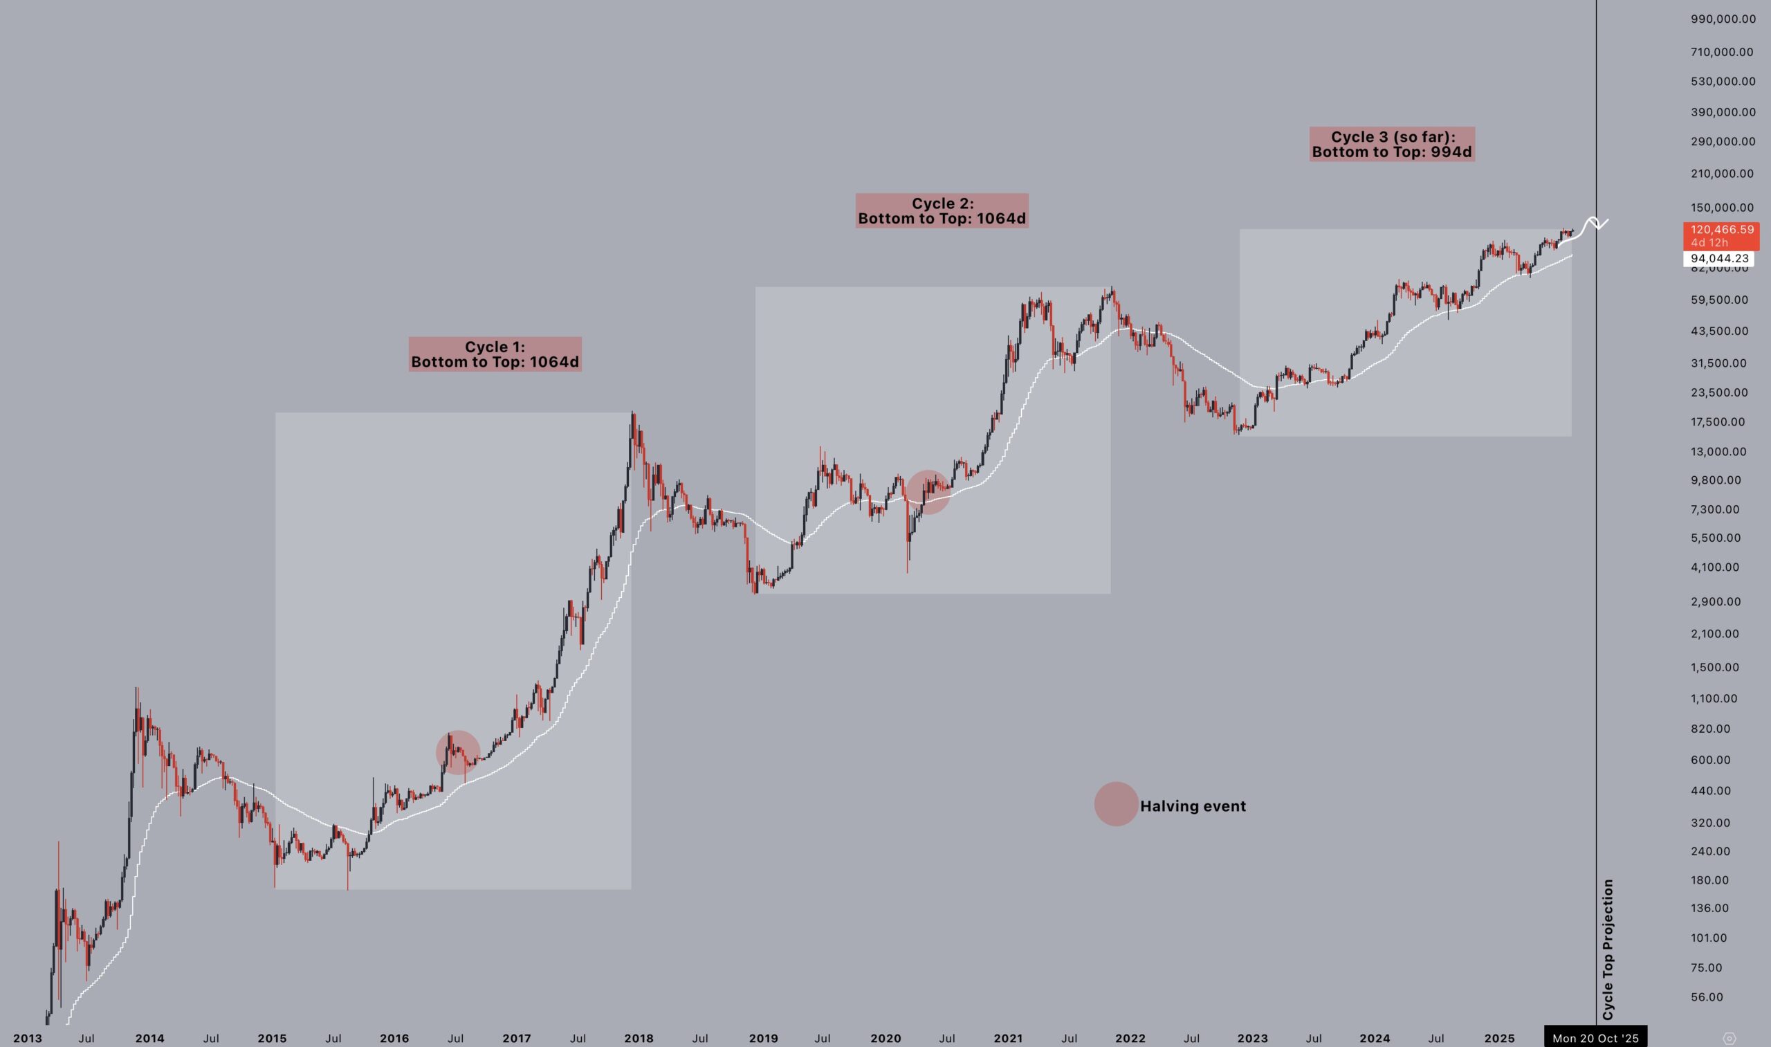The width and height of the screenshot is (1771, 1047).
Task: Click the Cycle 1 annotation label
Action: click(495, 354)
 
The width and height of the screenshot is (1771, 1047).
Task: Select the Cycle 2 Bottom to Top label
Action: click(942, 211)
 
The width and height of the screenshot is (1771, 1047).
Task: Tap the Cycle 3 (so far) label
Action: click(1392, 145)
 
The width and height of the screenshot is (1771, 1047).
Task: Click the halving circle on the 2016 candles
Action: click(458, 752)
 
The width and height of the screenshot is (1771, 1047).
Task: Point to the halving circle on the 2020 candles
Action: click(928, 492)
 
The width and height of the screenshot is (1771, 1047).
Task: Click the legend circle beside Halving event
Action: click(1116, 803)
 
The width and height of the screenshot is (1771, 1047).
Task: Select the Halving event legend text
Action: click(1193, 805)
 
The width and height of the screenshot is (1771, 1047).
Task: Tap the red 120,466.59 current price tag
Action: click(1721, 236)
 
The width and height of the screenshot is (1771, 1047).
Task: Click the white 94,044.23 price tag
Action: click(1719, 259)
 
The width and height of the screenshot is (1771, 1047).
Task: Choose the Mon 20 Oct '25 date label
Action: click(1595, 1038)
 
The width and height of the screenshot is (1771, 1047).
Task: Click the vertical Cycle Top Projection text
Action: click(1607, 949)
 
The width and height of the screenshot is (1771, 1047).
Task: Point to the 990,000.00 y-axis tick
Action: click(1723, 19)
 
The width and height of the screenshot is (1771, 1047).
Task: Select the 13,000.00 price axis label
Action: click(1718, 452)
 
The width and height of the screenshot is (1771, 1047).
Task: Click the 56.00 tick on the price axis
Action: click(1706, 997)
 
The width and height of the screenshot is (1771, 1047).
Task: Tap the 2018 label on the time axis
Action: click(639, 1038)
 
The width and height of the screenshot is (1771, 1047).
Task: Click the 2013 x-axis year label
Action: click(27, 1038)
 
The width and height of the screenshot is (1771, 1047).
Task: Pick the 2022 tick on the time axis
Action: click(1130, 1038)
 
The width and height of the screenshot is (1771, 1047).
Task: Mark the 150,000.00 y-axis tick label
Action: click(1722, 208)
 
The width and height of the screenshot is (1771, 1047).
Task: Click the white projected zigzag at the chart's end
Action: click(1593, 225)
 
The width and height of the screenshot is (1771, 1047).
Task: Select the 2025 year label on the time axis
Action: click(1498, 1038)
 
